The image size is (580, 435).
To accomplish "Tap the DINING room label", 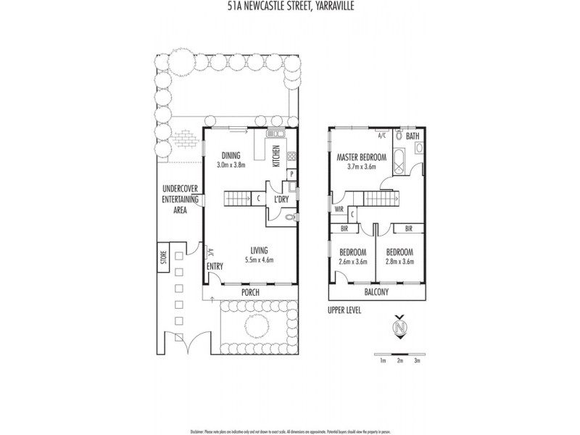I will click(x=231, y=154).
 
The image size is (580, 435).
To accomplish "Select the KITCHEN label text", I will click(x=275, y=157).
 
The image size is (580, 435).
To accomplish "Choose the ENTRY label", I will click(x=215, y=267).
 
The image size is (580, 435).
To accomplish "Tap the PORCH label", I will click(x=249, y=291).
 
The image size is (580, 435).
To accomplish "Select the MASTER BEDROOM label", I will click(x=361, y=157).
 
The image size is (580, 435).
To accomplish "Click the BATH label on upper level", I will click(x=412, y=136).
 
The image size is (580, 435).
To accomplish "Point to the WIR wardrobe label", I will click(x=339, y=210).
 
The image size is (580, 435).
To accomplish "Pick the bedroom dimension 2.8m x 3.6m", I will click(x=399, y=262).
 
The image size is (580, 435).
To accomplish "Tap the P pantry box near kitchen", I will click(x=290, y=174).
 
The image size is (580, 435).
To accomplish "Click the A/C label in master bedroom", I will click(x=382, y=135).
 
